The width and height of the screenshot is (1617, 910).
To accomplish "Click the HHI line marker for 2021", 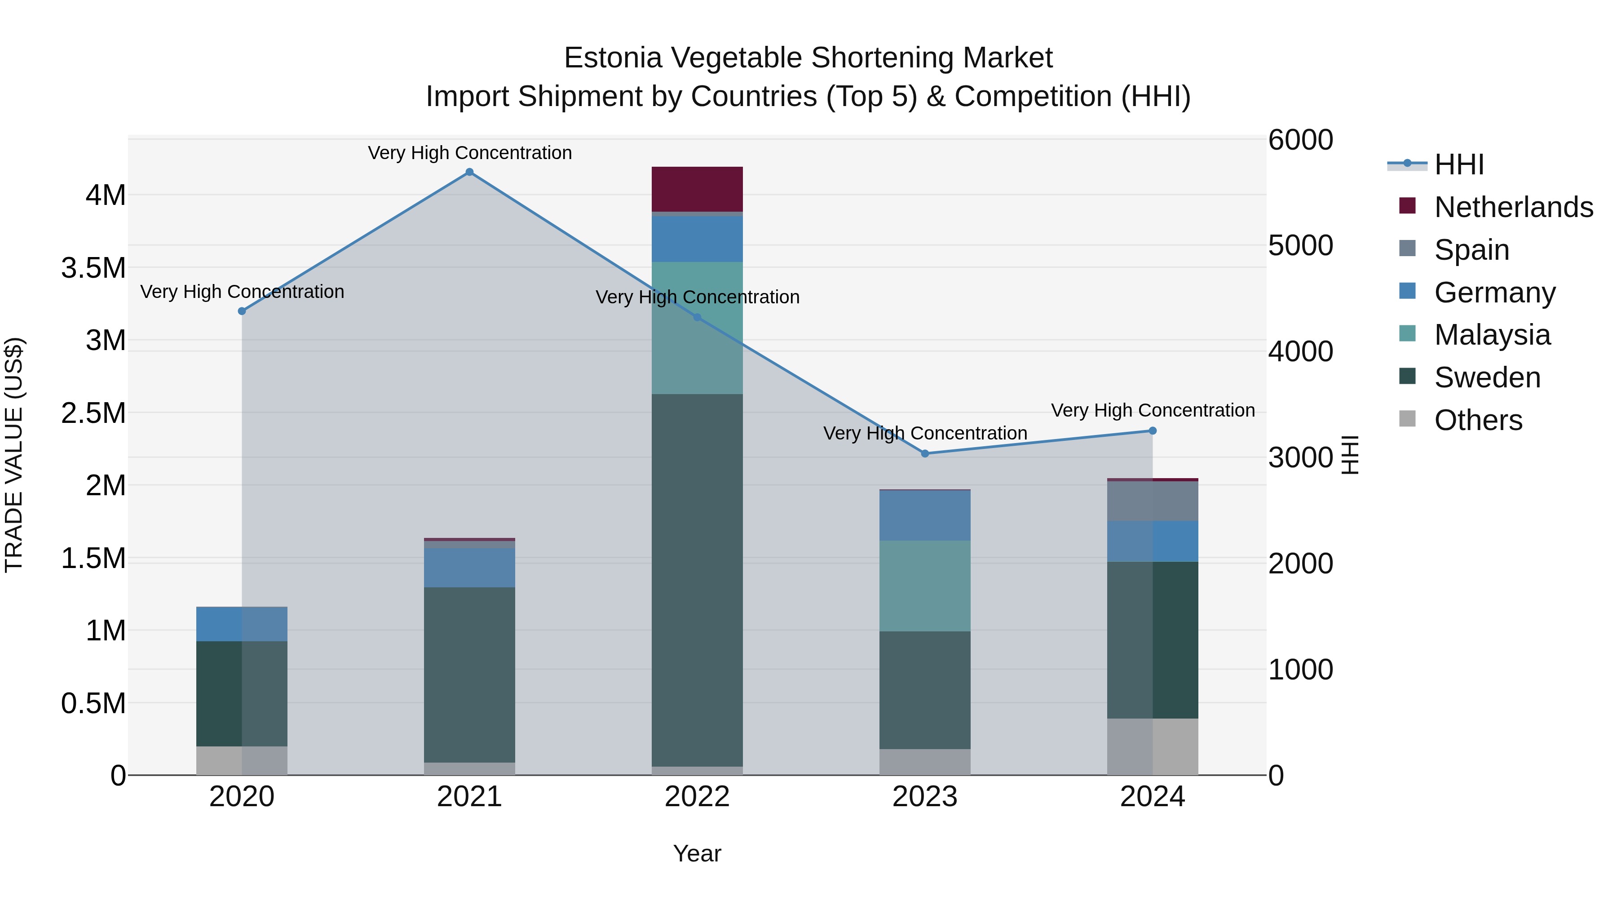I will [x=469, y=172].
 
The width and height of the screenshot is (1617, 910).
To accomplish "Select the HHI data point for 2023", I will [x=925, y=453].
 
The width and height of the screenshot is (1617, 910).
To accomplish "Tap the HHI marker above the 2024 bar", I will [x=1153, y=431].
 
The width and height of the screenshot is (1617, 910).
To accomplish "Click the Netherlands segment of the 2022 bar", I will [x=697, y=189].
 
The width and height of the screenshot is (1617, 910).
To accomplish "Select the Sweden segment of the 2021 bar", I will [x=469, y=675].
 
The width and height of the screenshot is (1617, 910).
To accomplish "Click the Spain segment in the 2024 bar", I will [x=1153, y=501].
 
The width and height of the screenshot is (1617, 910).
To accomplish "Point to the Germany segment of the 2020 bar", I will [x=242, y=624].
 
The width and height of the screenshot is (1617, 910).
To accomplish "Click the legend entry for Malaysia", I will [x=1491, y=335].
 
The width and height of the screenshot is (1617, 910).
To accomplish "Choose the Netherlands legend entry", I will [x=1513, y=207].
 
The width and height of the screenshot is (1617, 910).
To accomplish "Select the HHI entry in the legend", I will [x=1459, y=164].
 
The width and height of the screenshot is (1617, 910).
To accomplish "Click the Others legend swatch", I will [x=1408, y=419].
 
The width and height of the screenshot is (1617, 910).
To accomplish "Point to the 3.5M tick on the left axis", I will [x=93, y=268].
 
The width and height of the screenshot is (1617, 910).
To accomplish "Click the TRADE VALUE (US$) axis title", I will [x=14, y=455].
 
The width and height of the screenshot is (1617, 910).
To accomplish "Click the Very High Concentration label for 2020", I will [x=242, y=292].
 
